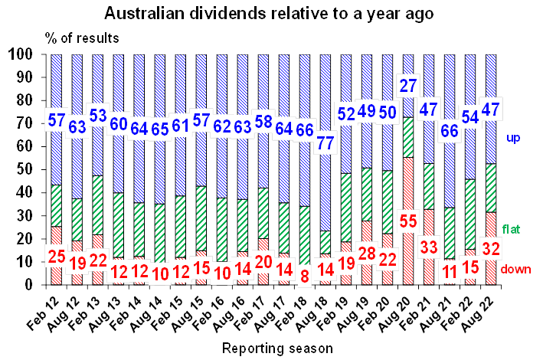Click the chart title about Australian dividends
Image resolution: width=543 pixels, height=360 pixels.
click(271, 13)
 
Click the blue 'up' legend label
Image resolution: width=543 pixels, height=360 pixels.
click(514, 137)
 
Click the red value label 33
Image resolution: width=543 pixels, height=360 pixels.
click(429, 247)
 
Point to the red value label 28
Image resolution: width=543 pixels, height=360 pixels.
click(368, 254)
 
